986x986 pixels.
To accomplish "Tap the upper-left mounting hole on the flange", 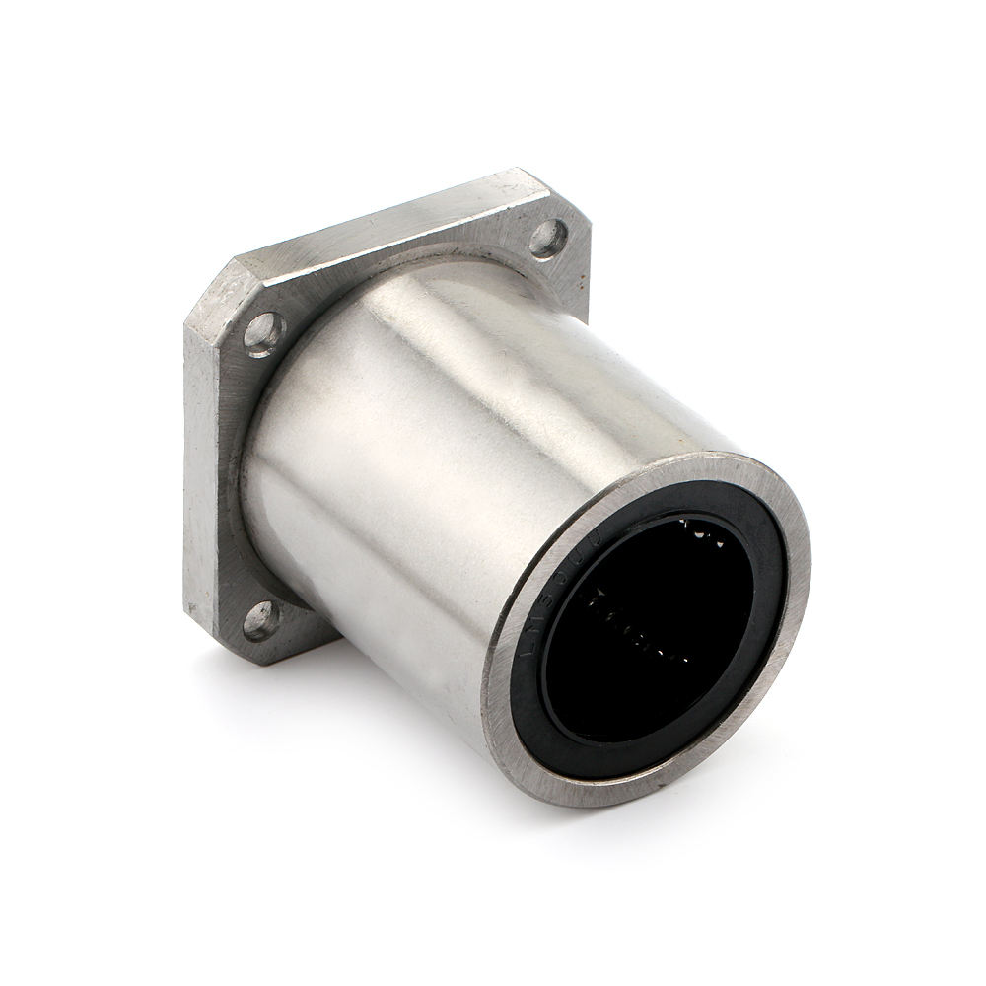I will (x=262, y=332).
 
